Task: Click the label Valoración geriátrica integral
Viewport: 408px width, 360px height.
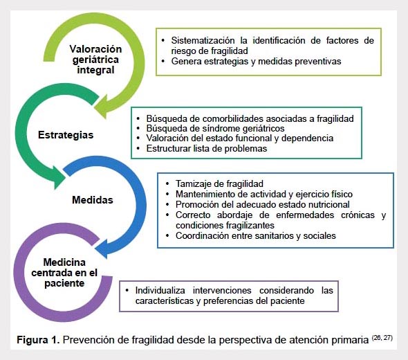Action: coord(95,60)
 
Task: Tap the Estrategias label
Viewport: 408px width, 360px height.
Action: coord(66,135)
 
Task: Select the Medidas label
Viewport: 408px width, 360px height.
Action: coord(93,200)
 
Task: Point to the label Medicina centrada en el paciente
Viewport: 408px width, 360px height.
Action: coord(64,273)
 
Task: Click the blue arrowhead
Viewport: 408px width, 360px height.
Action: coord(102,247)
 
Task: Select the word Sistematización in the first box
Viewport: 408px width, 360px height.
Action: coord(203,40)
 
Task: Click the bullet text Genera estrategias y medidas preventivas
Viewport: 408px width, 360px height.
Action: coord(256,61)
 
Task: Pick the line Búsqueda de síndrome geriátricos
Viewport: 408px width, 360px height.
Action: coord(215,128)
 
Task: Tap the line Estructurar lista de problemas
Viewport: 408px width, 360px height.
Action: coord(207,148)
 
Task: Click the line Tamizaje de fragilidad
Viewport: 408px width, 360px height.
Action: coord(219,183)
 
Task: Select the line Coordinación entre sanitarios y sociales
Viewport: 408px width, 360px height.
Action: coord(256,235)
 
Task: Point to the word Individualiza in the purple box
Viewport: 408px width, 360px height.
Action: coord(160,290)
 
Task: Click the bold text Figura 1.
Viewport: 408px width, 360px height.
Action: coord(38,340)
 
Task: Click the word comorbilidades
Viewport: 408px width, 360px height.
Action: coord(229,118)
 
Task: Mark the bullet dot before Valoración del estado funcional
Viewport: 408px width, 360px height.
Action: coord(138,138)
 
